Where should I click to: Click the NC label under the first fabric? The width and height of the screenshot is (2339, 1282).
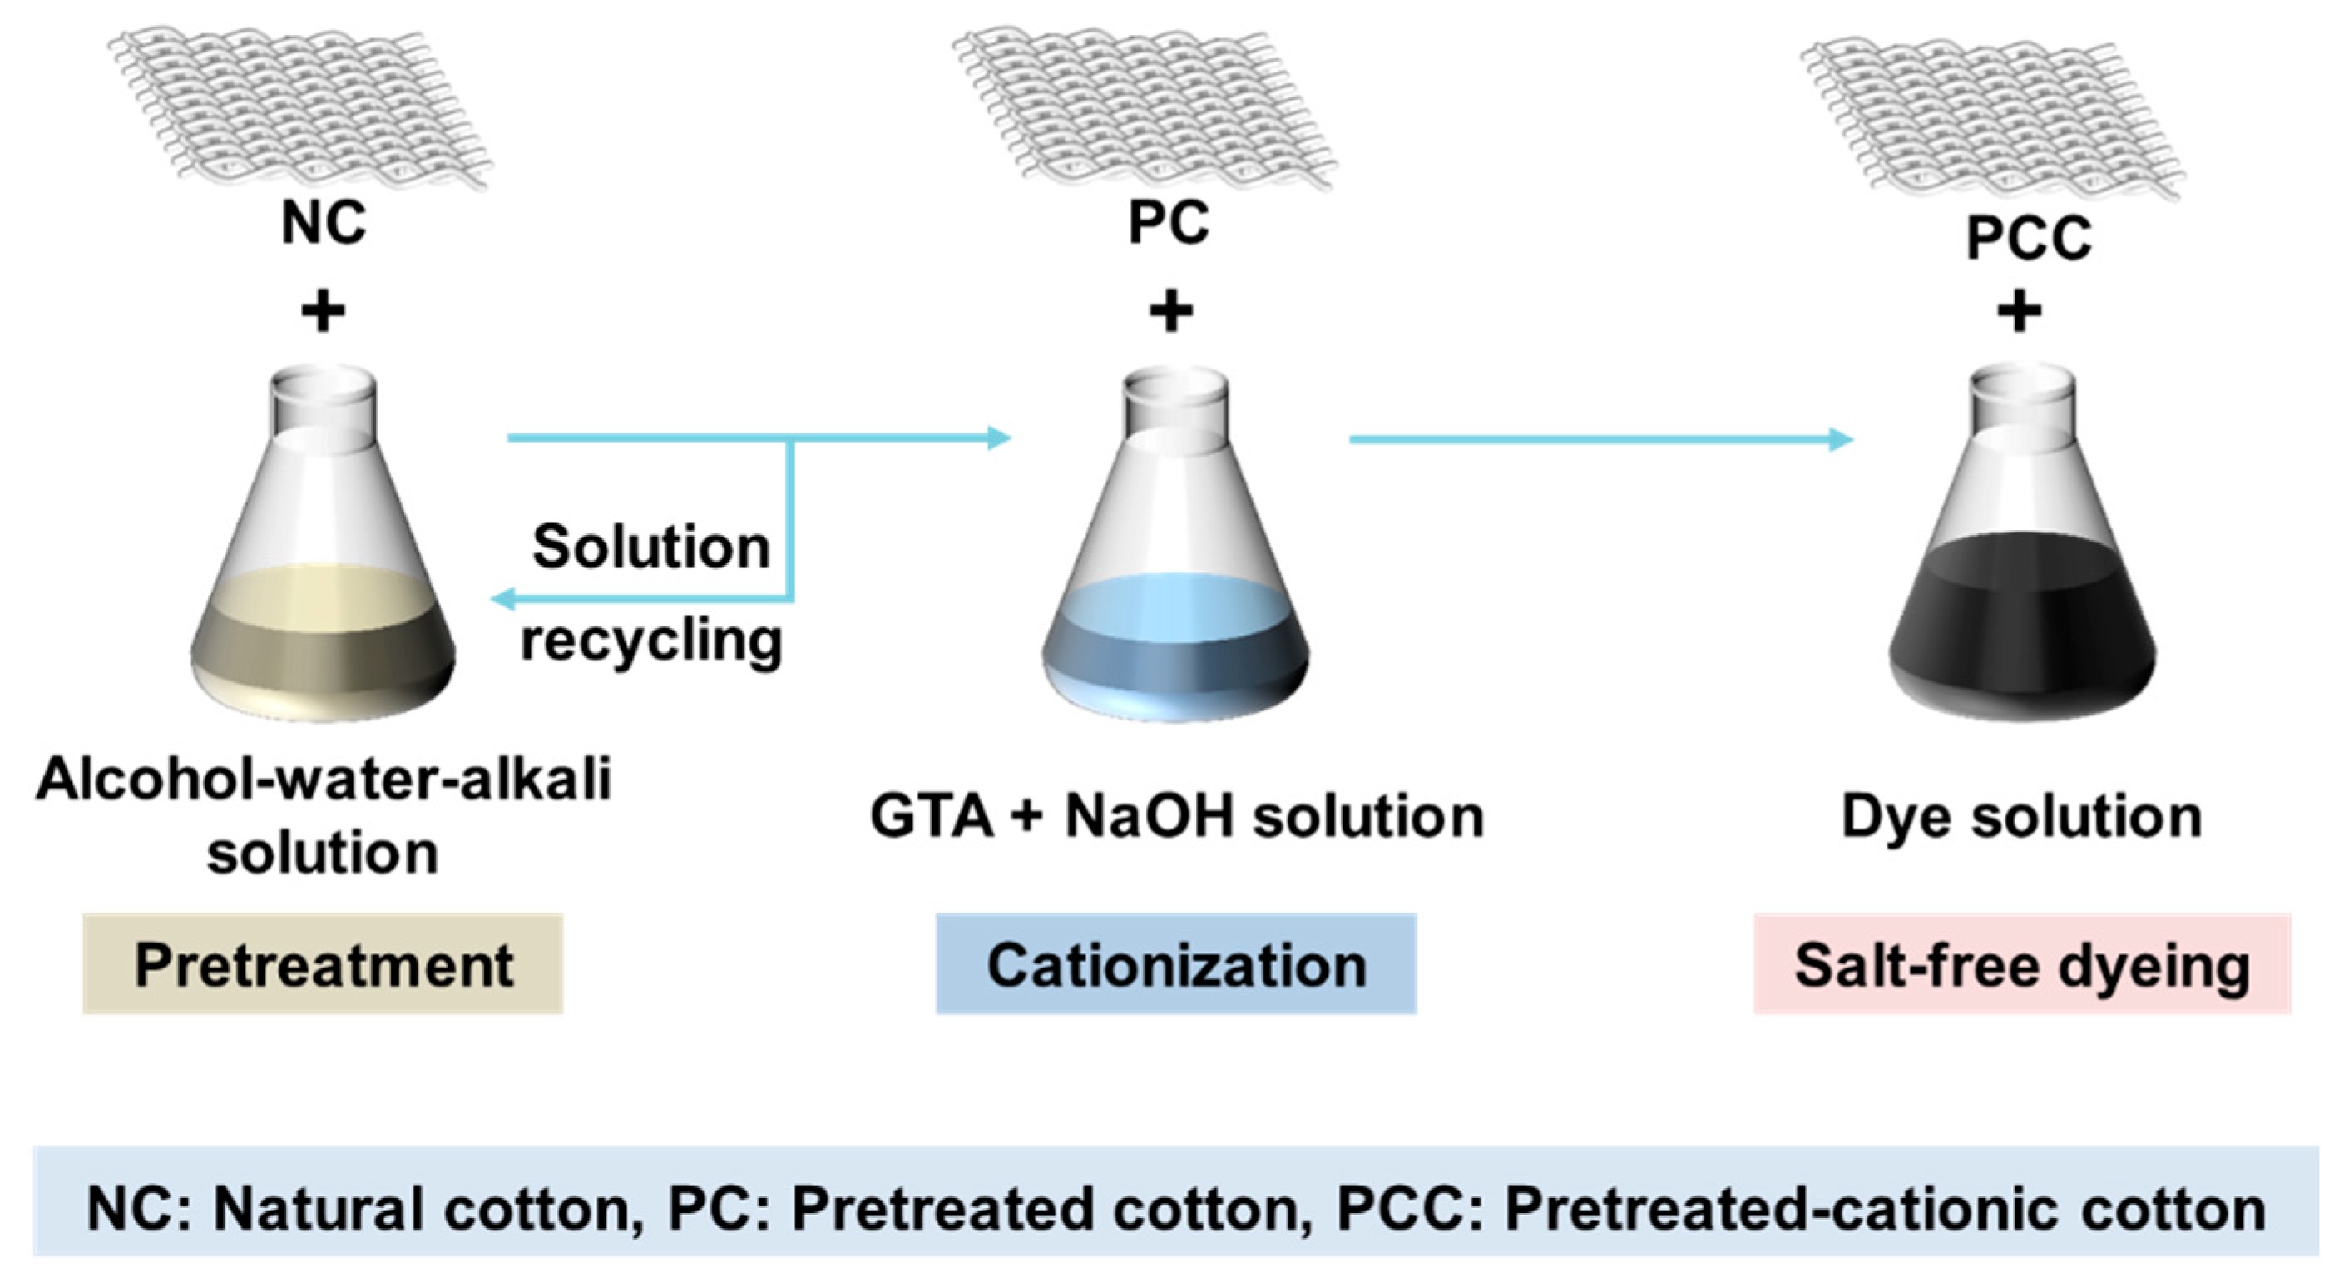click(324, 222)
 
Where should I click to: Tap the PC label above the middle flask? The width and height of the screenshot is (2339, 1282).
click(1169, 222)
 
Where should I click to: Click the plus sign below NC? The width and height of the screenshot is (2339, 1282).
click(324, 312)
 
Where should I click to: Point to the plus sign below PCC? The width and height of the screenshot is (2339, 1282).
click(2020, 312)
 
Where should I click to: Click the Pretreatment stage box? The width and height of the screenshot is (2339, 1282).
click(324, 964)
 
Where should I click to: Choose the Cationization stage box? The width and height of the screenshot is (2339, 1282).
click(1176, 964)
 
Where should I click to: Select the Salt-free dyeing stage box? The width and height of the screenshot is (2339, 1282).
click(2022, 964)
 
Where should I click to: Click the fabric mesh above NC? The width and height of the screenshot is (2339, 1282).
click(299, 105)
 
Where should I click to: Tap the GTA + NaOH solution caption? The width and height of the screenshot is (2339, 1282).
click(1177, 816)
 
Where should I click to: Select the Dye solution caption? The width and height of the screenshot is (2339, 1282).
click(2022, 816)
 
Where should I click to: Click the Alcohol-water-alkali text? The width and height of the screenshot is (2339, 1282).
click(324, 780)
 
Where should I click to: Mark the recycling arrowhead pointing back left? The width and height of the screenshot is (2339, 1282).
click(502, 599)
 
